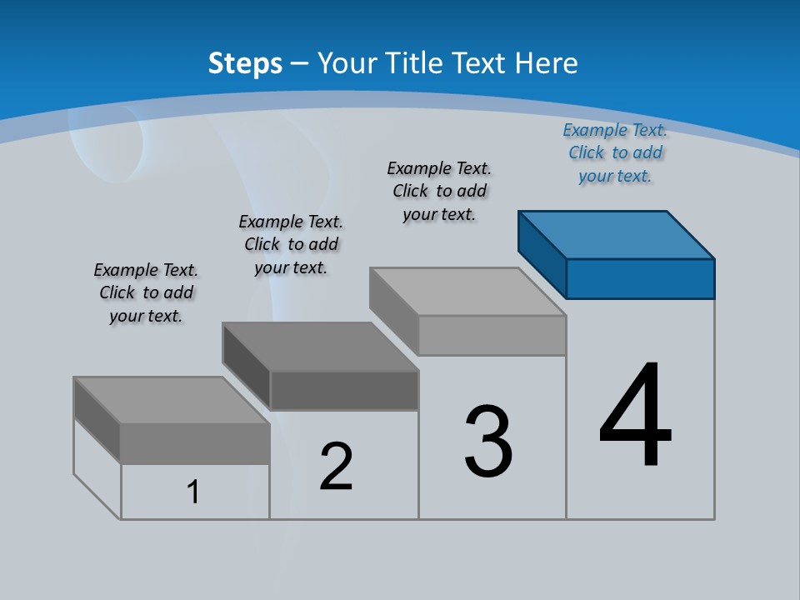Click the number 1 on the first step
(x=193, y=492)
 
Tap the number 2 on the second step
(x=336, y=466)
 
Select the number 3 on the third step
(x=488, y=442)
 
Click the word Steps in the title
(x=245, y=63)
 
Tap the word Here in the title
(x=546, y=63)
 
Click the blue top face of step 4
(x=617, y=234)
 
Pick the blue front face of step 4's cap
(x=640, y=278)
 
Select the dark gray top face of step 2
(x=320, y=347)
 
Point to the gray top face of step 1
(x=172, y=400)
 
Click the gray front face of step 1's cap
(x=195, y=443)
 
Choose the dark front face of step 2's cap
(x=343, y=390)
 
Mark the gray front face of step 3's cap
(x=492, y=335)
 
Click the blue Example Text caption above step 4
(x=615, y=152)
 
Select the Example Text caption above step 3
(x=439, y=191)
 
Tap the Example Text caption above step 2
(x=291, y=244)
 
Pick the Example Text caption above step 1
(x=146, y=292)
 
